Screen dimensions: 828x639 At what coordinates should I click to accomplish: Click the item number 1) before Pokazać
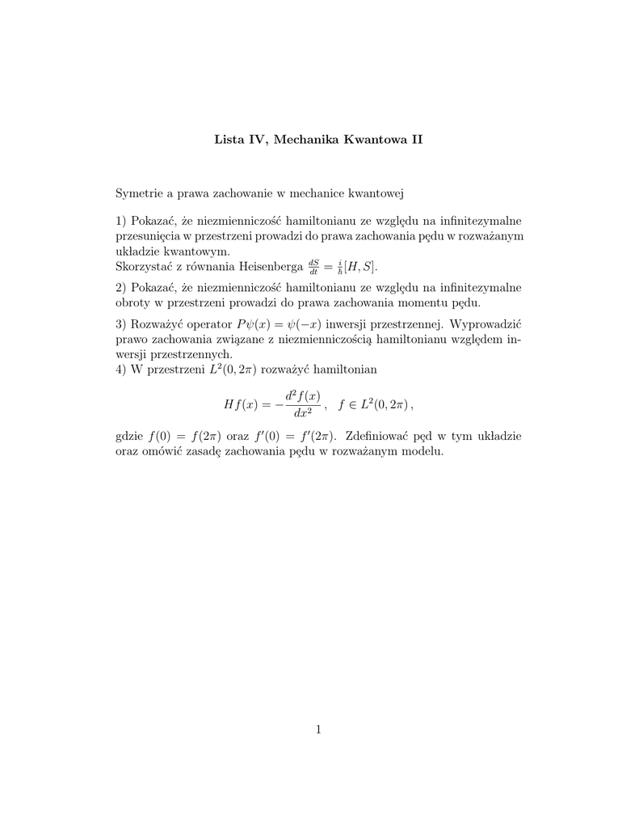click(123, 221)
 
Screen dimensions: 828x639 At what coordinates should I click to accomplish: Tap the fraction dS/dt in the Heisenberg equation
click(313, 266)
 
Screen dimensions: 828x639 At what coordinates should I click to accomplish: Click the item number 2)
click(123, 288)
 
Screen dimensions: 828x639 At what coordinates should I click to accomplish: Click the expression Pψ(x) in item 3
click(254, 324)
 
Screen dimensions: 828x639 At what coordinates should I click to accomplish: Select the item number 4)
click(123, 370)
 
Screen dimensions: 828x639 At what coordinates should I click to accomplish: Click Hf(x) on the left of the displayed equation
click(242, 403)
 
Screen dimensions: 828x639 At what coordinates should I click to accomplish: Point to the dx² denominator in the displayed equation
click(304, 412)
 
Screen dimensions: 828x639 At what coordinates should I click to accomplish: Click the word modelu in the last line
click(426, 451)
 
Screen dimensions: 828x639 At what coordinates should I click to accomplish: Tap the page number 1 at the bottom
click(319, 730)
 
